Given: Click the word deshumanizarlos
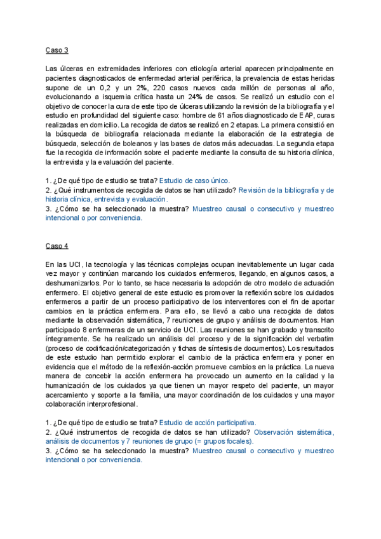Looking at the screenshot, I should [74, 283].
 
